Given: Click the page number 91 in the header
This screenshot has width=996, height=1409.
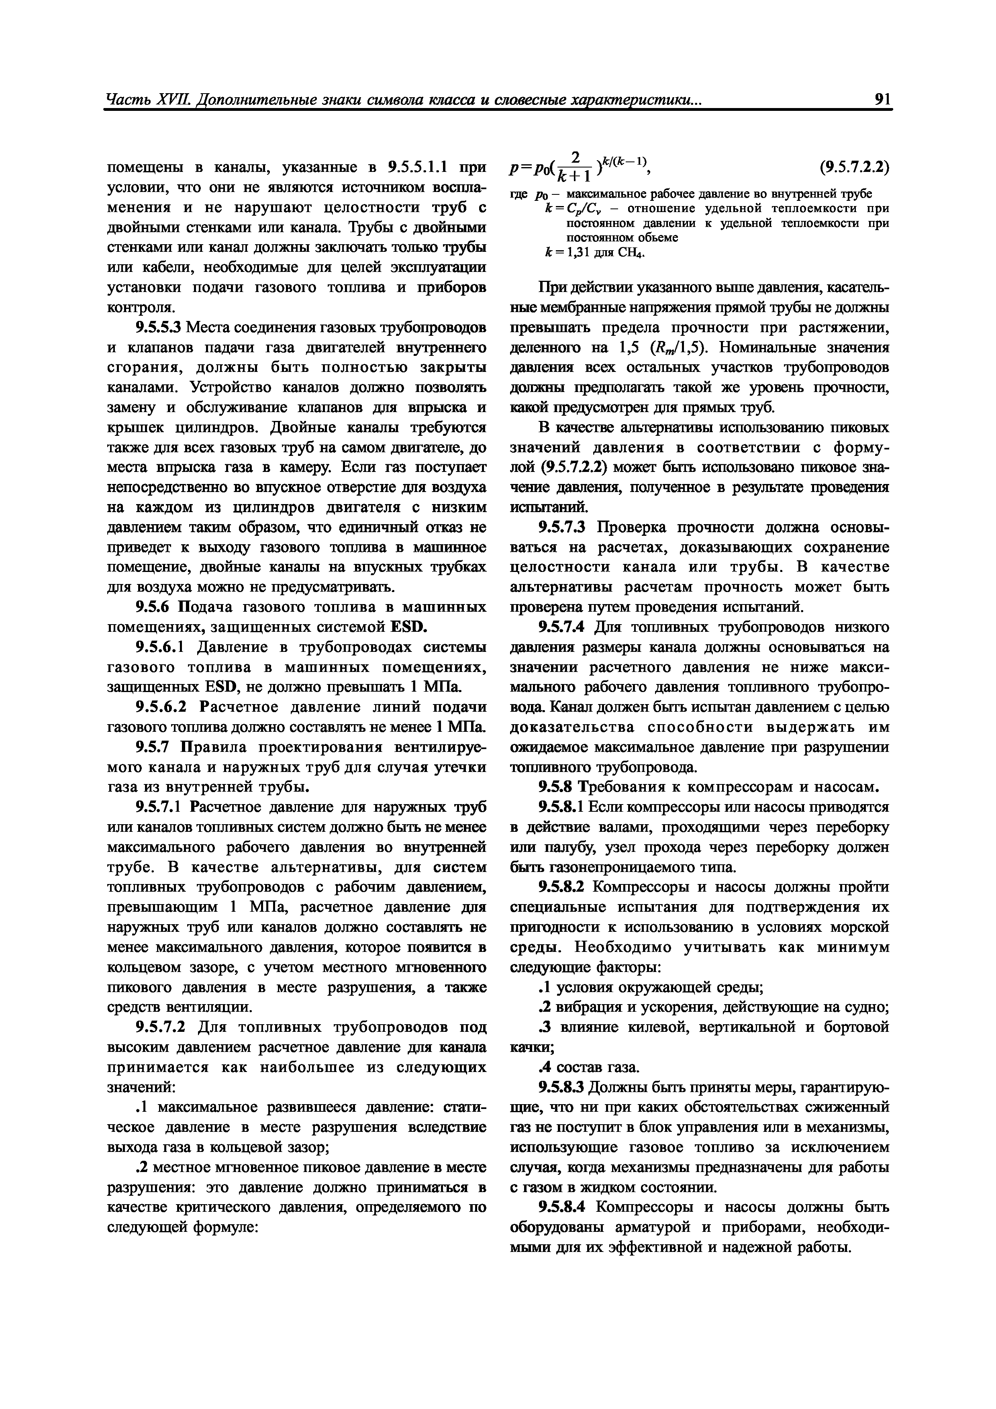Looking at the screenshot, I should pyautogui.click(x=882, y=100).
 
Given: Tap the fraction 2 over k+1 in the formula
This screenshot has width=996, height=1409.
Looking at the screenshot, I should pyautogui.click(x=574, y=167).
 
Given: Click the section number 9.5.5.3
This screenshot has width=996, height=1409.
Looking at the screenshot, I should pyautogui.click(x=159, y=328).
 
